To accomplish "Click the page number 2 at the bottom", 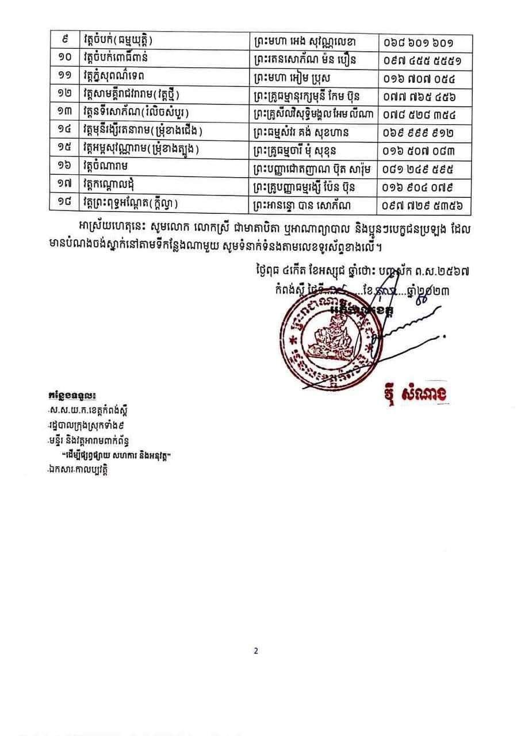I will point(256,651).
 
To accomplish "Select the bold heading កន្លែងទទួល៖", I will point(72,396).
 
